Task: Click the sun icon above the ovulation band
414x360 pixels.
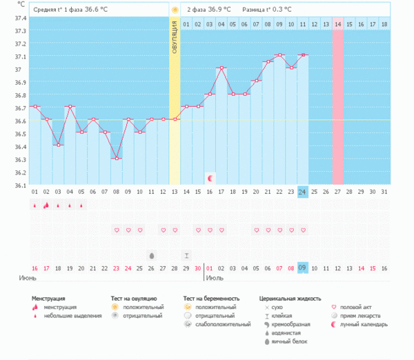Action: pos(175,10)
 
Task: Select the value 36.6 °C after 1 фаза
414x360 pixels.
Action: pos(98,10)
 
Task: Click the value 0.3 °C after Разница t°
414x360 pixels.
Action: pos(279,10)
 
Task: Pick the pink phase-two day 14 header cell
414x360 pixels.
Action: pos(337,24)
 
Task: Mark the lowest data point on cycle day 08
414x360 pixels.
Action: pos(116,159)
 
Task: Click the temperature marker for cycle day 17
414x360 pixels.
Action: pos(221,68)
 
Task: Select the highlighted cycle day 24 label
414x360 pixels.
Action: pos(302,192)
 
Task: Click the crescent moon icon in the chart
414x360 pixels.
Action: pos(210,178)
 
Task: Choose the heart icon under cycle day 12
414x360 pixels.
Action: pos(163,230)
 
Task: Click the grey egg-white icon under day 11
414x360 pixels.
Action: pos(151,255)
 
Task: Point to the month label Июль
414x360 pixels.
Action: pos(215,278)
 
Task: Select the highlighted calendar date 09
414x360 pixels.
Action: pos(302,268)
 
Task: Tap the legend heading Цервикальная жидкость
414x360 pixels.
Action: pos(289,298)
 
